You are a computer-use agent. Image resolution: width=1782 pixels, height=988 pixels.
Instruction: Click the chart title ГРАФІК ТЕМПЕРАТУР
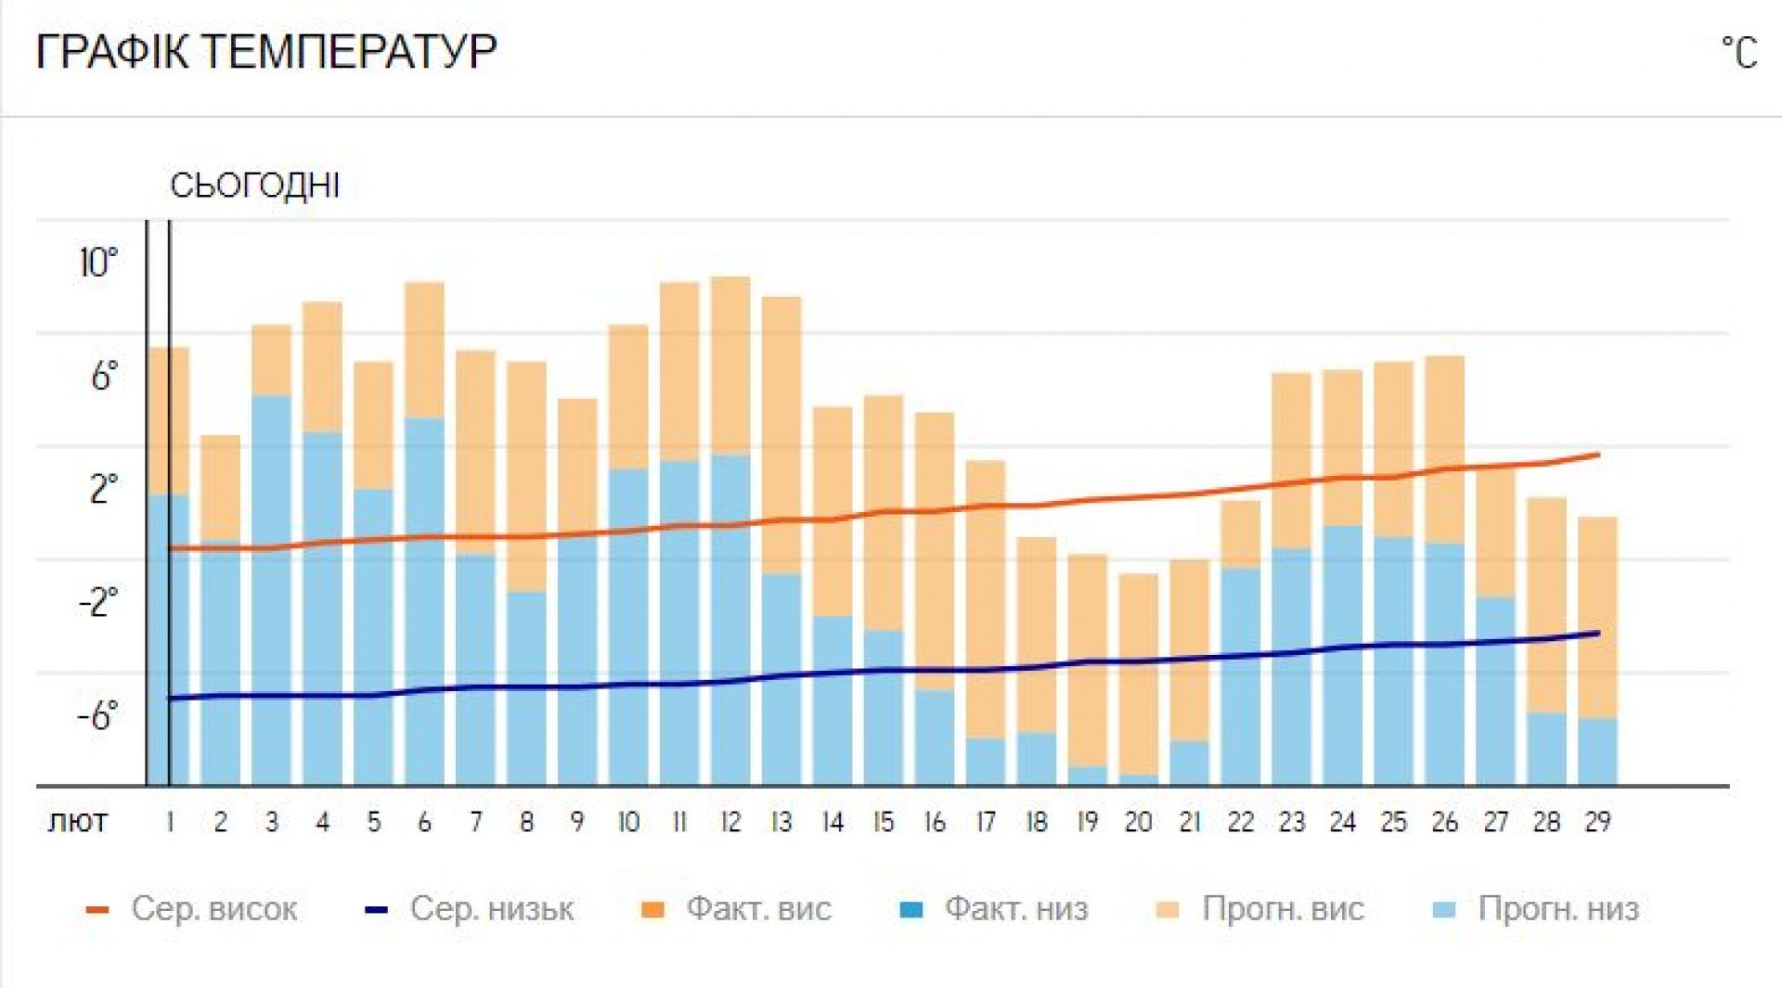[x=265, y=51]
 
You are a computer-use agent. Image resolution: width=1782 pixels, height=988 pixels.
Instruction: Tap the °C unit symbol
[x=1738, y=52]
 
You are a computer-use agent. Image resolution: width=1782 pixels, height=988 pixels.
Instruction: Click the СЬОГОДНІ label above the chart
[x=254, y=186]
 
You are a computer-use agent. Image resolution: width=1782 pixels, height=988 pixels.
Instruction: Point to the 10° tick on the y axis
[x=98, y=263]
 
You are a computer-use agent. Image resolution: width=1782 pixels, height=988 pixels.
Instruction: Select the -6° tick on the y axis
[x=97, y=716]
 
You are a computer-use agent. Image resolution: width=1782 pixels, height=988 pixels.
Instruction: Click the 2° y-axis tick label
[x=103, y=490]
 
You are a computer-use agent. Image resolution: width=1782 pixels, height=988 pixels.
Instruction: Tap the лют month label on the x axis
[x=78, y=822]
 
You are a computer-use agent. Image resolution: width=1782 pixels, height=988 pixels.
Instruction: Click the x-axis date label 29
[x=1597, y=822]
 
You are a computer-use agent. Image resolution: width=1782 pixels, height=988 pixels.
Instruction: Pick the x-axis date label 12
[x=730, y=822]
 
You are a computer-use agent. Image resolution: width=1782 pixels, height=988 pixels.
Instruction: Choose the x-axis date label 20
[x=1138, y=822]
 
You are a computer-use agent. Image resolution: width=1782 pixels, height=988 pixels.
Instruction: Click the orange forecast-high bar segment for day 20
[x=1139, y=673]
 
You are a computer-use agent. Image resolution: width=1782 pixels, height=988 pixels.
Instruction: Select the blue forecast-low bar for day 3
[x=271, y=594]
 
